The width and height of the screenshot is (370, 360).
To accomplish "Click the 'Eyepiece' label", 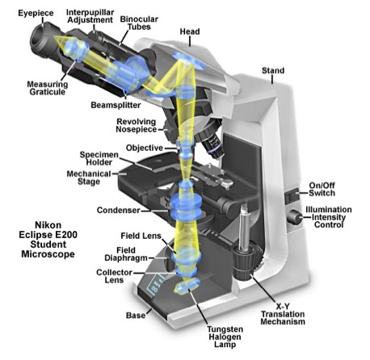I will tap(25, 13).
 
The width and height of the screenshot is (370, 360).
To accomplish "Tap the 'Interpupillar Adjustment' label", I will tap(95, 19).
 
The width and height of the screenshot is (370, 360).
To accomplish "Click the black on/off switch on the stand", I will tap(292, 195).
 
